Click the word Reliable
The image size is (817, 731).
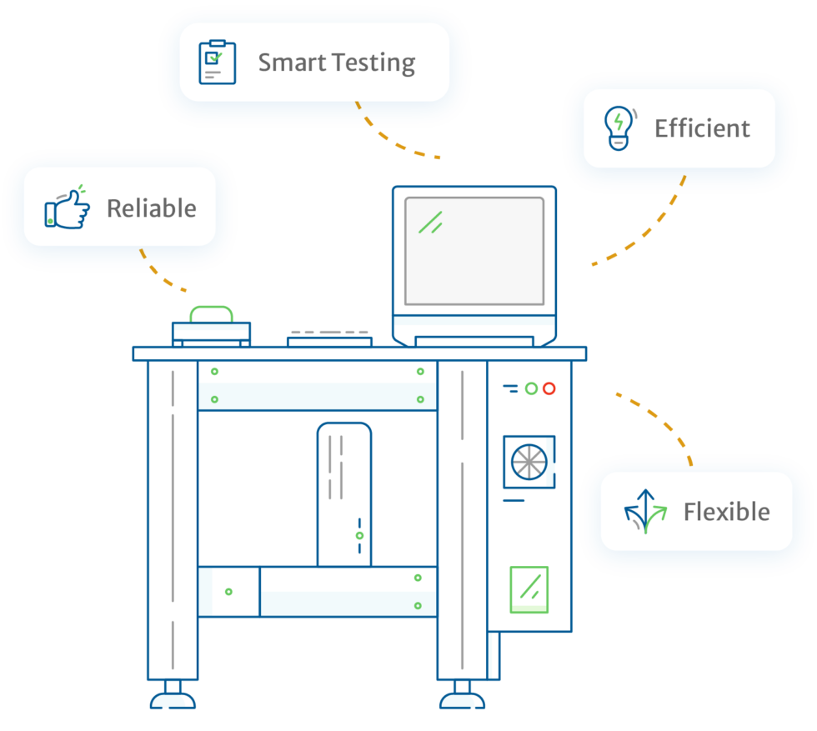click(x=152, y=208)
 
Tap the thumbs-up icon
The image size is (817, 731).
click(x=68, y=208)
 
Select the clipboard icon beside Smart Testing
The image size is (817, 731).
click(x=217, y=63)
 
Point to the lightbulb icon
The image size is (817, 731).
click(x=618, y=128)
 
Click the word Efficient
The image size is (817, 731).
click(x=702, y=128)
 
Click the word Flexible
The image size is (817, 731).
click(x=726, y=512)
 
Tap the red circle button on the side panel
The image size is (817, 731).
click(x=549, y=388)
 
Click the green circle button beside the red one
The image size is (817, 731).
click(x=531, y=388)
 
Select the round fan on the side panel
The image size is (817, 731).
click(x=529, y=461)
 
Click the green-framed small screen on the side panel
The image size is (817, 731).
click(x=529, y=589)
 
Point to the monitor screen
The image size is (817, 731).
click(x=474, y=251)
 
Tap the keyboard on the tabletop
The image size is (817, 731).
click(x=330, y=338)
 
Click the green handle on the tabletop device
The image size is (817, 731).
click(x=211, y=313)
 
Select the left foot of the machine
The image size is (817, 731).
click(x=173, y=696)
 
